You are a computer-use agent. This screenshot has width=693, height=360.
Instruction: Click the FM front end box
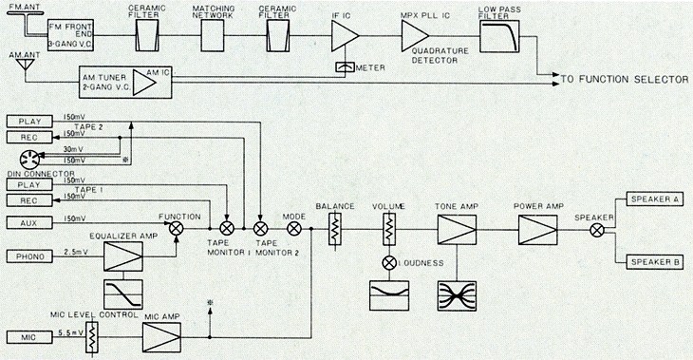click(70, 35)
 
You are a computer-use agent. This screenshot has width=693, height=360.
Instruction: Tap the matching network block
click(213, 35)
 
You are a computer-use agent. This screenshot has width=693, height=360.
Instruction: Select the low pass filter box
click(499, 36)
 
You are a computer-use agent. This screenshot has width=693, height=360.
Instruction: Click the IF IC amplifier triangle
click(345, 35)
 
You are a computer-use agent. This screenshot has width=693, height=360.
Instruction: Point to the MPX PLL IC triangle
click(415, 34)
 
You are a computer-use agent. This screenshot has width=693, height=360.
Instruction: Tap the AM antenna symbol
click(26, 65)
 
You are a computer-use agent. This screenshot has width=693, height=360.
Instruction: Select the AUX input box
click(29, 223)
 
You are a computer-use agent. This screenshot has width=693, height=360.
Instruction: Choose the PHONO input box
click(29, 256)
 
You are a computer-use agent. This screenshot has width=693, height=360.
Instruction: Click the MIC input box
click(29, 337)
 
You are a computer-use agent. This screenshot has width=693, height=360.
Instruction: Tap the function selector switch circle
click(177, 229)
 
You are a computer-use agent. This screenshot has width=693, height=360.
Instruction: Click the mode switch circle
click(294, 229)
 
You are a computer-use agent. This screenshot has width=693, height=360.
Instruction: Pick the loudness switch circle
click(389, 263)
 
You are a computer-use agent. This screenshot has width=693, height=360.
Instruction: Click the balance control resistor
click(335, 229)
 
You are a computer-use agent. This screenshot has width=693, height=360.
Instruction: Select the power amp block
click(538, 230)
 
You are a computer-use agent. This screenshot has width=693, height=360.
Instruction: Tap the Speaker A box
click(654, 199)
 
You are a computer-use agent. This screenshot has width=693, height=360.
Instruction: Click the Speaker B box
click(654, 262)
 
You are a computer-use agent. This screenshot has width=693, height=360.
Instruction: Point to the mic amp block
click(161, 337)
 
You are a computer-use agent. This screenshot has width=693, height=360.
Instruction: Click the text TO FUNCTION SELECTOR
click(625, 80)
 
